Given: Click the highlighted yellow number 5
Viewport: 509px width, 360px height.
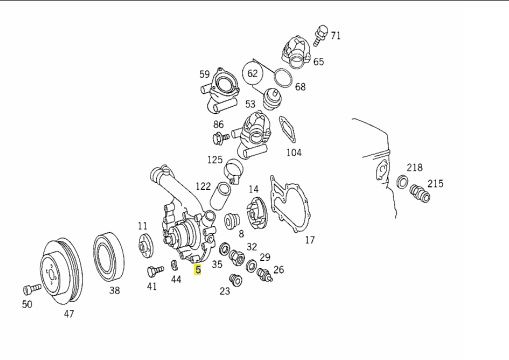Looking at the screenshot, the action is click(x=198, y=270).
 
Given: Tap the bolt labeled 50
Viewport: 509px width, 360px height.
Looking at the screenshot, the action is click(x=32, y=289).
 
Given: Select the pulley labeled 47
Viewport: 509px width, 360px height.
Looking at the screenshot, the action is click(x=61, y=271).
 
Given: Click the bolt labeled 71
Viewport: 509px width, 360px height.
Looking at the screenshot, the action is click(x=319, y=35).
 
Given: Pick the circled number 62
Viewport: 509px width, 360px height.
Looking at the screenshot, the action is click(x=253, y=73).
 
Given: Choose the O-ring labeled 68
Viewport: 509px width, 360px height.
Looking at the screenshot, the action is click(x=283, y=78).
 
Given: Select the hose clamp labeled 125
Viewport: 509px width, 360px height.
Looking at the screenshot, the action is click(x=233, y=170).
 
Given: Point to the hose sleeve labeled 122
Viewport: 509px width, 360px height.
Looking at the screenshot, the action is click(x=220, y=196).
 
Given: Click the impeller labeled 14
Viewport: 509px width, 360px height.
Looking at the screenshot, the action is click(x=256, y=213).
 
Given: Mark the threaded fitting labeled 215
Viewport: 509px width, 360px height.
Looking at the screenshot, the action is click(x=420, y=193).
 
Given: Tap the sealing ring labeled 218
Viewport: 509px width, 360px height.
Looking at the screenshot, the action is click(x=403, y=182).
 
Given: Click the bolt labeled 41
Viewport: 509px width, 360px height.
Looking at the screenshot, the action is click(x=155, y=270).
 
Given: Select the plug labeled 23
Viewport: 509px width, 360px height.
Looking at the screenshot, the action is click(x=236, y=280).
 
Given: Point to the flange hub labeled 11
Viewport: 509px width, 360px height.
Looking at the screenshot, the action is click(x=145, y=246).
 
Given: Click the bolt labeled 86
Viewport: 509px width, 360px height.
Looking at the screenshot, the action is click(x=221, y=137).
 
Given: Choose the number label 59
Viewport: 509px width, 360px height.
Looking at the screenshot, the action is click(x=204, y=74).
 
